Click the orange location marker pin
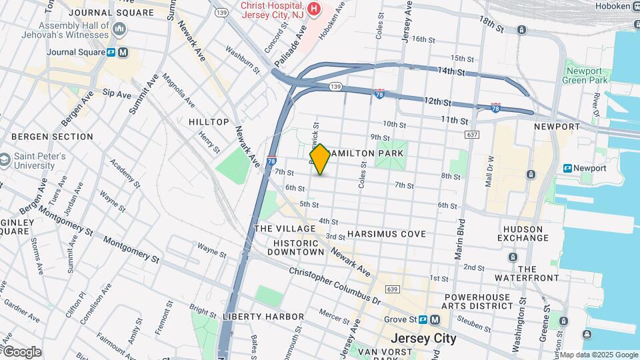click(x=320, y=159)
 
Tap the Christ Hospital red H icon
click(x=312, y=9)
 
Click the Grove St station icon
click(x=435, y=319)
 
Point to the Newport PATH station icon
click(x=568, y=168)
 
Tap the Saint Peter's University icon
click(x=6, y=160)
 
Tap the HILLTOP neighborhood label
click(x=209, y=122)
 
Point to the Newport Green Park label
click(x=587, y=75)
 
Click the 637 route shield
click(x=473, y=135)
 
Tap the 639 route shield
click(x=393, y=289)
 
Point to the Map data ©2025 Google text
click(x=598, y=355)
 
